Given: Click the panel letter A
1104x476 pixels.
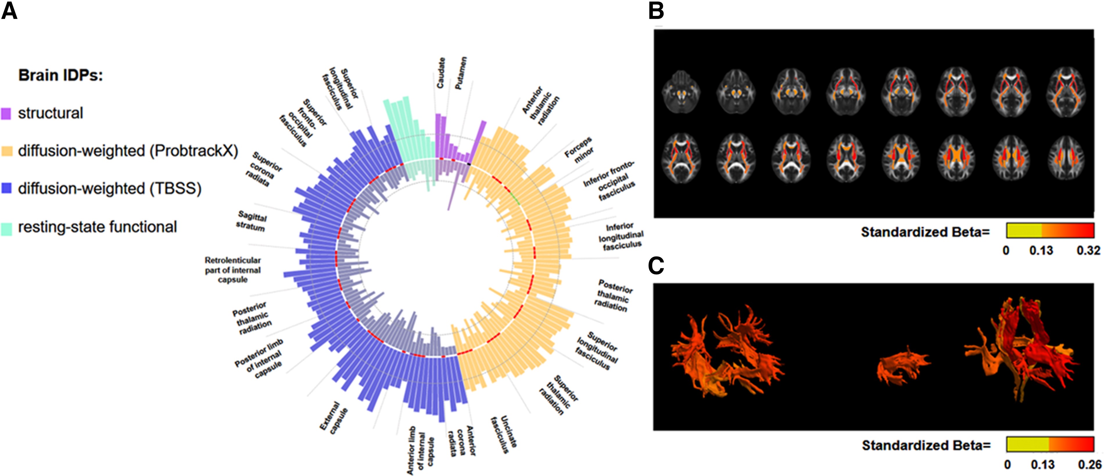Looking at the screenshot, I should pyautogui.click(x=9, y=11).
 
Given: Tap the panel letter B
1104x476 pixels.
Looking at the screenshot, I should pyautogui.click(x=656, y=11).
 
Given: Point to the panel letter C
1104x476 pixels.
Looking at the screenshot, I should pyautogui.click(x=656, y=266).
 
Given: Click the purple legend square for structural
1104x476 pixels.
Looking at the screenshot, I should pyautogui.click(x=6, y=113).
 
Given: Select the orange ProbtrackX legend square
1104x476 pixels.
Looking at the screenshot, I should pyautogui.click(x=6, y=151).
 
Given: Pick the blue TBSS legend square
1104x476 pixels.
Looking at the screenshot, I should pyautogui.click(x=6, y=188).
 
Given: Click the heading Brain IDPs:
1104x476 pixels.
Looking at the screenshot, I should pyautogui.click(x=60, y=75).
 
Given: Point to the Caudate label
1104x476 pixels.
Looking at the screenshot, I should pyautogui.click(x=440, y=73).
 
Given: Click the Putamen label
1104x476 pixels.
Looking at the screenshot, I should pyautogui.click(x=461, y=73).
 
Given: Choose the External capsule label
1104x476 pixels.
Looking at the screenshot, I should pyautogui.click(x=334, y=418).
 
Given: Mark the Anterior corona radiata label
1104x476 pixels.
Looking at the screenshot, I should pyautogui.click(x=461, y=441).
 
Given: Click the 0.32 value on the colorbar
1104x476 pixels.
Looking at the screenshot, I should pyautogui.click(x=1088, y=250).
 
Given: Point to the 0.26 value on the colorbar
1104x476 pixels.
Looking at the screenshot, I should pyautogui.click(x=1089, y=464).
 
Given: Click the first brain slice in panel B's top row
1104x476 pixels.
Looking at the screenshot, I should pyautogui.click(x=681, y=92).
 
